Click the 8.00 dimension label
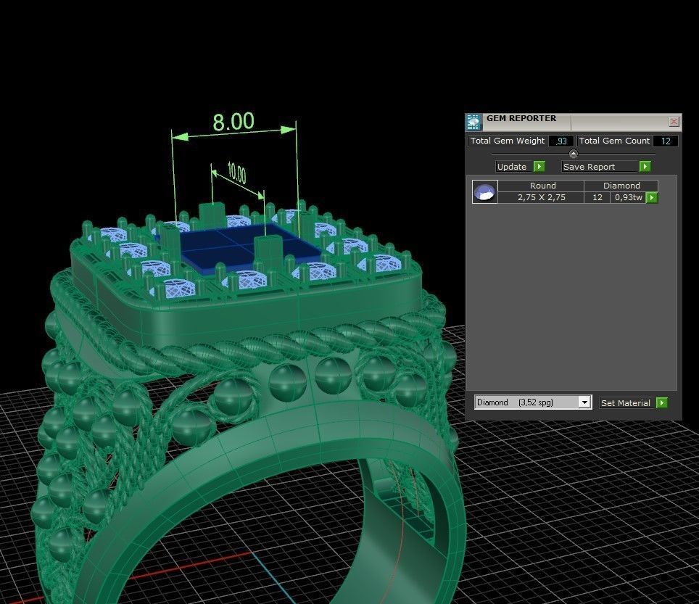coord(233,121)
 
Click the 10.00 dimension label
coord(236,174)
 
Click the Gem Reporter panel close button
coord(674,122)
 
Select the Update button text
coord(512,167)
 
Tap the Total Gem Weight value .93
coord(561,141)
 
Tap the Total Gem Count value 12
coord(666,141)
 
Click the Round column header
coord(542,186)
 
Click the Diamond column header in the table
coord(621,186)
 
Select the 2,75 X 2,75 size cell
coord(542,197)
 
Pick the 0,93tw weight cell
coord(627,197)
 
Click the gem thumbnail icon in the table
coord(484,192)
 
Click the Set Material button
coord(625,403)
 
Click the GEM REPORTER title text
coord(521,118)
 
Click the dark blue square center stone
coord(239,247)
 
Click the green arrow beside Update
coord(539,167)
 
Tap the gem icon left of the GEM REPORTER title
coord(473,122)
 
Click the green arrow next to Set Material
coord(661,403)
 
